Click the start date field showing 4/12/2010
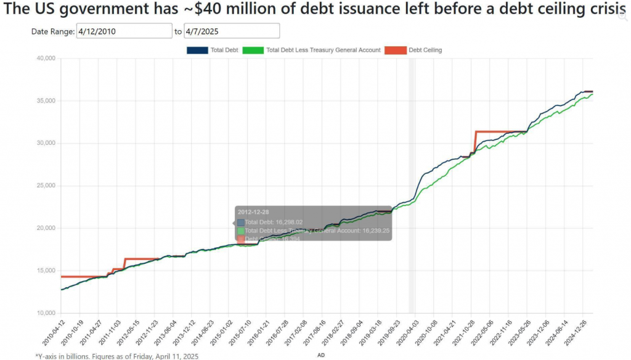click(124, 31)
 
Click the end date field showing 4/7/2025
click(232, 31)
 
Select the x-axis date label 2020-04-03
click(406, 333)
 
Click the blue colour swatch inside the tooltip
click(241, 222)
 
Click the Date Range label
click(53, 31)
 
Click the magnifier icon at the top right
click(623, 16)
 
